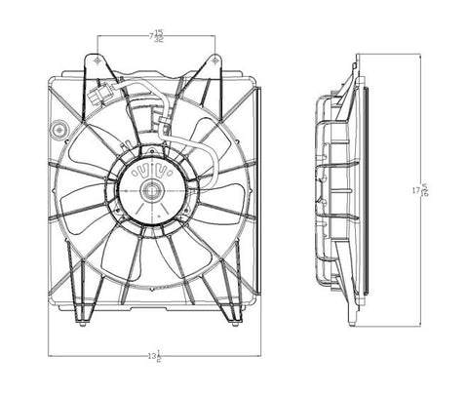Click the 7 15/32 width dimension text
(x=156, y=36)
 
